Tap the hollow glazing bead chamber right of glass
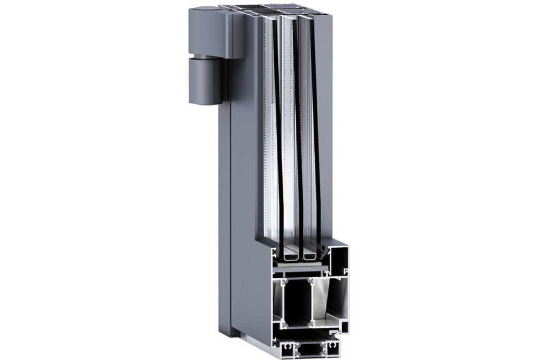(337, 259)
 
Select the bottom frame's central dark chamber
(310, 348)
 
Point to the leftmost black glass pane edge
(277, 132)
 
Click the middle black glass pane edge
(297, 132)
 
